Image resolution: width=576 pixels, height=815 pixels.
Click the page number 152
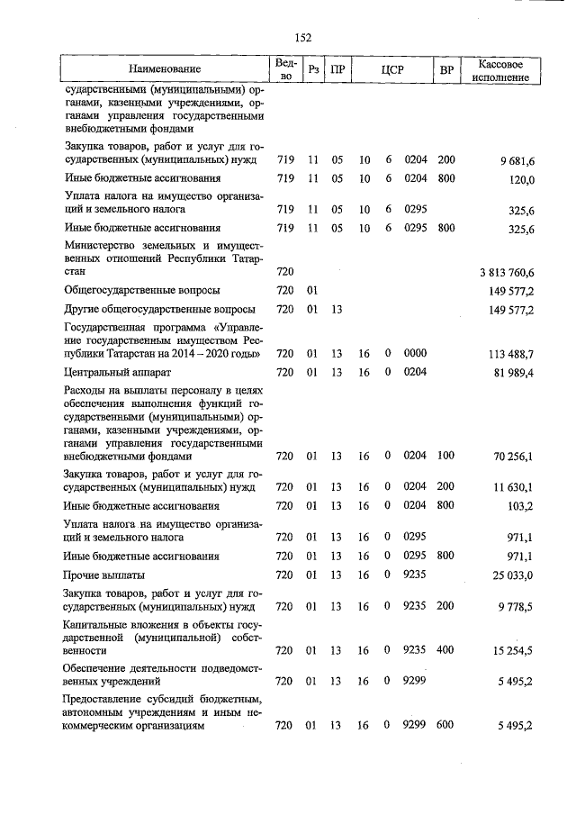point(302,36)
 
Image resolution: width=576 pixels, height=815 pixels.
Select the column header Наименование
point(164,69)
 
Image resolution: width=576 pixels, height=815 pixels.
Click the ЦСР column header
point(391,69)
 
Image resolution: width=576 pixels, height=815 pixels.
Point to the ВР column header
point(445,69)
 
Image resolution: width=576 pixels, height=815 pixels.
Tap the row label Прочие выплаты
point(105,575)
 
